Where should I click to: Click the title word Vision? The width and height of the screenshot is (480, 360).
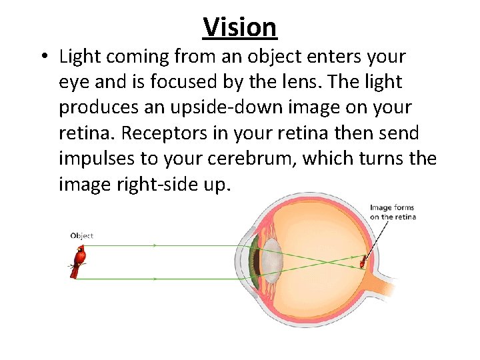pyautogui.click(x=240, y=27)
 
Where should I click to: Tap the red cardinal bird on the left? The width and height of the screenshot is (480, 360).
pyautogui.click(x=79, y=261)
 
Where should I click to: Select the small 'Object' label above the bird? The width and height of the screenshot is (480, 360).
pyautogui.click(x=81, y=235)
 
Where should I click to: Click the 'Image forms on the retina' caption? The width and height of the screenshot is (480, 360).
pyautogui.click(x=393, y=212)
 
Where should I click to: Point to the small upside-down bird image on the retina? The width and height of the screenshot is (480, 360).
pyautogui.click(x=363, y=261)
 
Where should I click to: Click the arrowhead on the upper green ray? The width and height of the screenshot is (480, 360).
pyautogui.click(x=155, y=245)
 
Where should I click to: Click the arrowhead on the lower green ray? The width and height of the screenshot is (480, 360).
pyautogui.click(x=155, y=278)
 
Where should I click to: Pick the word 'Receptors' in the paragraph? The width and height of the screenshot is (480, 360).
pyautogui.click(x=164, y=133)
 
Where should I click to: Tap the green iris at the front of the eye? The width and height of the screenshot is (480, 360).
pyautogui.click(x=254, y=263)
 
